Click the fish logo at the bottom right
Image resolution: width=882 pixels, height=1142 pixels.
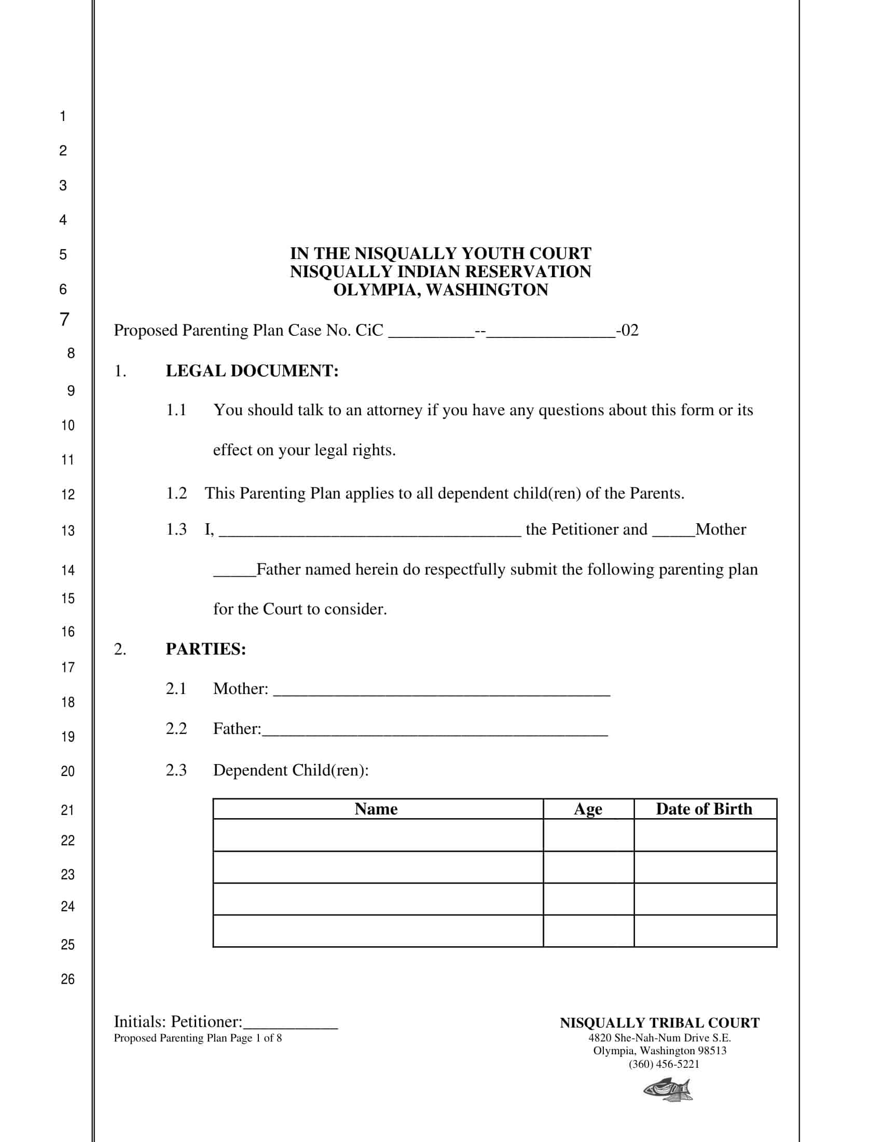668,1090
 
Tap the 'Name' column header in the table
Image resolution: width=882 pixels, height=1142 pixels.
376,809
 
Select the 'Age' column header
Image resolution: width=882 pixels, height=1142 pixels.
588,809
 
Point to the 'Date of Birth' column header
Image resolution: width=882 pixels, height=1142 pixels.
704,809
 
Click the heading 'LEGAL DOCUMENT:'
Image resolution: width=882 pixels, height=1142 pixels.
252,371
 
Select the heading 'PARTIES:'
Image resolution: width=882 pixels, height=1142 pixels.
205,649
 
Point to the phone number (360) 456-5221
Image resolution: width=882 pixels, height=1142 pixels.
664,1064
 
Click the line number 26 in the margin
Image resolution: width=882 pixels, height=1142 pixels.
68,980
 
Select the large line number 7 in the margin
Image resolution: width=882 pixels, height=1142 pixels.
65,319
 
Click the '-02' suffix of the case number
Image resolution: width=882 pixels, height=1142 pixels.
627,330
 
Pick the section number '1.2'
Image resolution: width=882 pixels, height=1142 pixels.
176,493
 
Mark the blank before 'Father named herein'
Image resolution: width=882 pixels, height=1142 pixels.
234,572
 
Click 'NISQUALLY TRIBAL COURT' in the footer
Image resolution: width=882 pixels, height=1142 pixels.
659,1023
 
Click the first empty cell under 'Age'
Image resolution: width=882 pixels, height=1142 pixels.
588,835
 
